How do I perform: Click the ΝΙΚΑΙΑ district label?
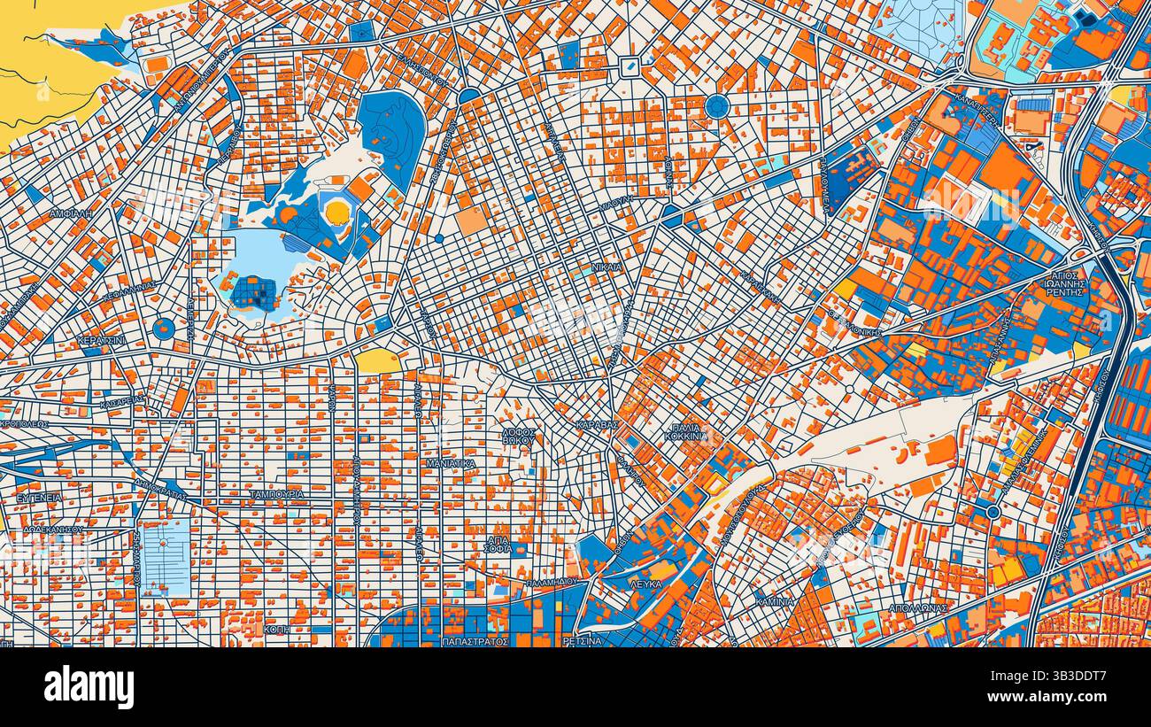point(606,267)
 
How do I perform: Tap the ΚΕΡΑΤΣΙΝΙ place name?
point(101,340)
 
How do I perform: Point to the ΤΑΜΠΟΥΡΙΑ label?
point(276,494)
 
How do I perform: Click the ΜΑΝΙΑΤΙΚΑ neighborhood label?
point(450,463)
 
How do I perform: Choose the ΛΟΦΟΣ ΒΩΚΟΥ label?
point(519,435)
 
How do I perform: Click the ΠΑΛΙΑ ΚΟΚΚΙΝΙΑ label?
point(687,431)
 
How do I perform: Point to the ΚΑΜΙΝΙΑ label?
point(775,601)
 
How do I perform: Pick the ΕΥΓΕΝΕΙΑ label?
point(39,498)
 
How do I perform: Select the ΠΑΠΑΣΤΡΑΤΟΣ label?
point(475,639)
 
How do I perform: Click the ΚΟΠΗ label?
point(277,628)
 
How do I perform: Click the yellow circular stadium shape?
point(337,212)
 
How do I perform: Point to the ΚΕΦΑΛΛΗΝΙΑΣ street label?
point(129,291)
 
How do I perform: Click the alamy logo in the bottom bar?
point(89,686)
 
